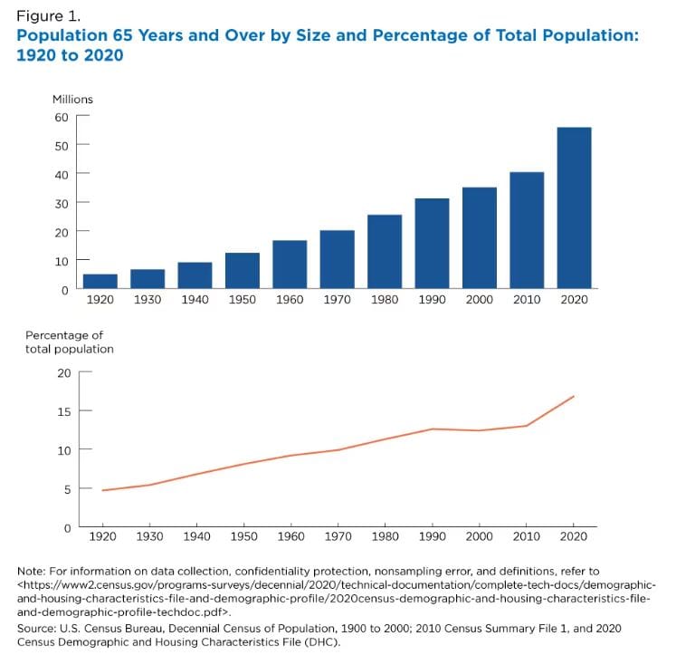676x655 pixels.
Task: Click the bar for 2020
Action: point(575,207)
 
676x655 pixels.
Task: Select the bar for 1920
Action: point(100,281)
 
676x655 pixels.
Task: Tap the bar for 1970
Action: point(338,259)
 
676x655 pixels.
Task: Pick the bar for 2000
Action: point(480,237)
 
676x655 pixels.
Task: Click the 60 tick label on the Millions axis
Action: point(62,118)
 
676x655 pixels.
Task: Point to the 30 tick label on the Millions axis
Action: point(62,204)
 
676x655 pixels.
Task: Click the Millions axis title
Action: point(72,100)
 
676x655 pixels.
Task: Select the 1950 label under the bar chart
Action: point(243,300)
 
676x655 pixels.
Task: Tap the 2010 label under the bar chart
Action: point(527,300)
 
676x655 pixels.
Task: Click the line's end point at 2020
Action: point(574,396)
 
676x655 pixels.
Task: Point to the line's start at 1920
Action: point(102,490)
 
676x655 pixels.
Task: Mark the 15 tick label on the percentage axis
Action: point(64,411)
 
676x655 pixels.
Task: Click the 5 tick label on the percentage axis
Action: point(68,489)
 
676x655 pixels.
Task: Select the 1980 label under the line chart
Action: point(385,536)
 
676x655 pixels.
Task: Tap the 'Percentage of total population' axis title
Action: point(70,342)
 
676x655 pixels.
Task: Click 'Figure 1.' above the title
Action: point(48,16)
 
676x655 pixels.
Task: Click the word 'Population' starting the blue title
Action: point(62,36)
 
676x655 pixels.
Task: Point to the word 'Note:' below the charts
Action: point(31,572)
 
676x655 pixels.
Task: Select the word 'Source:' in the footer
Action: point(36,628)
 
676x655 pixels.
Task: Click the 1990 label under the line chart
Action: point(432,536)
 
